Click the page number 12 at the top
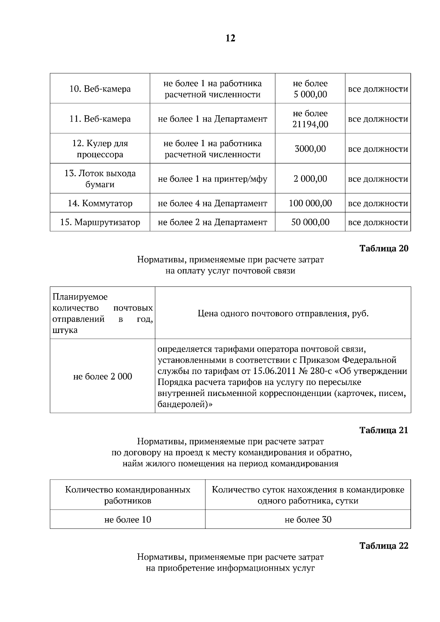230,38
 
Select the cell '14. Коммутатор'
100,203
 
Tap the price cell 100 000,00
310,203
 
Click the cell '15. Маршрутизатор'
100,222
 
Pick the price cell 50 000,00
310,222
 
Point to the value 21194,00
310,125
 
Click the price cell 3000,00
310,149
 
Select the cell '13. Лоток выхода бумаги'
100,179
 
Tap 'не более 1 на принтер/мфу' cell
212,179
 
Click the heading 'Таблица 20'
384,248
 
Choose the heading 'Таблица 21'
384,430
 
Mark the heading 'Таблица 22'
384,546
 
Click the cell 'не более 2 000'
103,377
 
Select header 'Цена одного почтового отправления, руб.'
283,314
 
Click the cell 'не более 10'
128,520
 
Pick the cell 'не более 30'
308,520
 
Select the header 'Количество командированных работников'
128,495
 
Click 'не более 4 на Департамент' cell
212,203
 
